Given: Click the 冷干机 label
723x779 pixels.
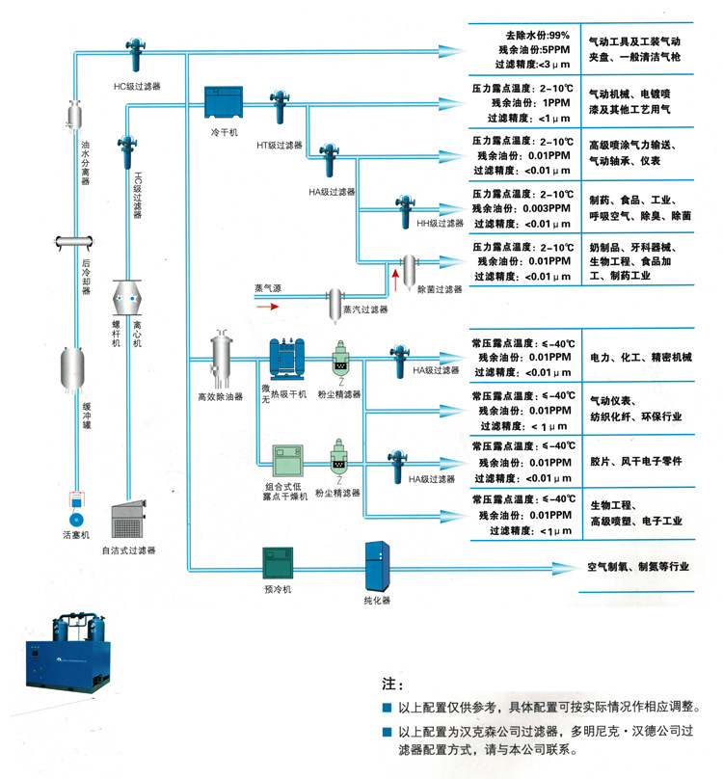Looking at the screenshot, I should point(225,132).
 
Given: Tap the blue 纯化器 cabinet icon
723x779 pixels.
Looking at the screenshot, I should point(376,566).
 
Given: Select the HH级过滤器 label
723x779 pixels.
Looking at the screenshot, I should point(440,223).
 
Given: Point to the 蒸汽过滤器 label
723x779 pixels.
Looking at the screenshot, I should point(365,309).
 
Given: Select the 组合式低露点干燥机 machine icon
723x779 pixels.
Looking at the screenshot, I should point(286,460).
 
